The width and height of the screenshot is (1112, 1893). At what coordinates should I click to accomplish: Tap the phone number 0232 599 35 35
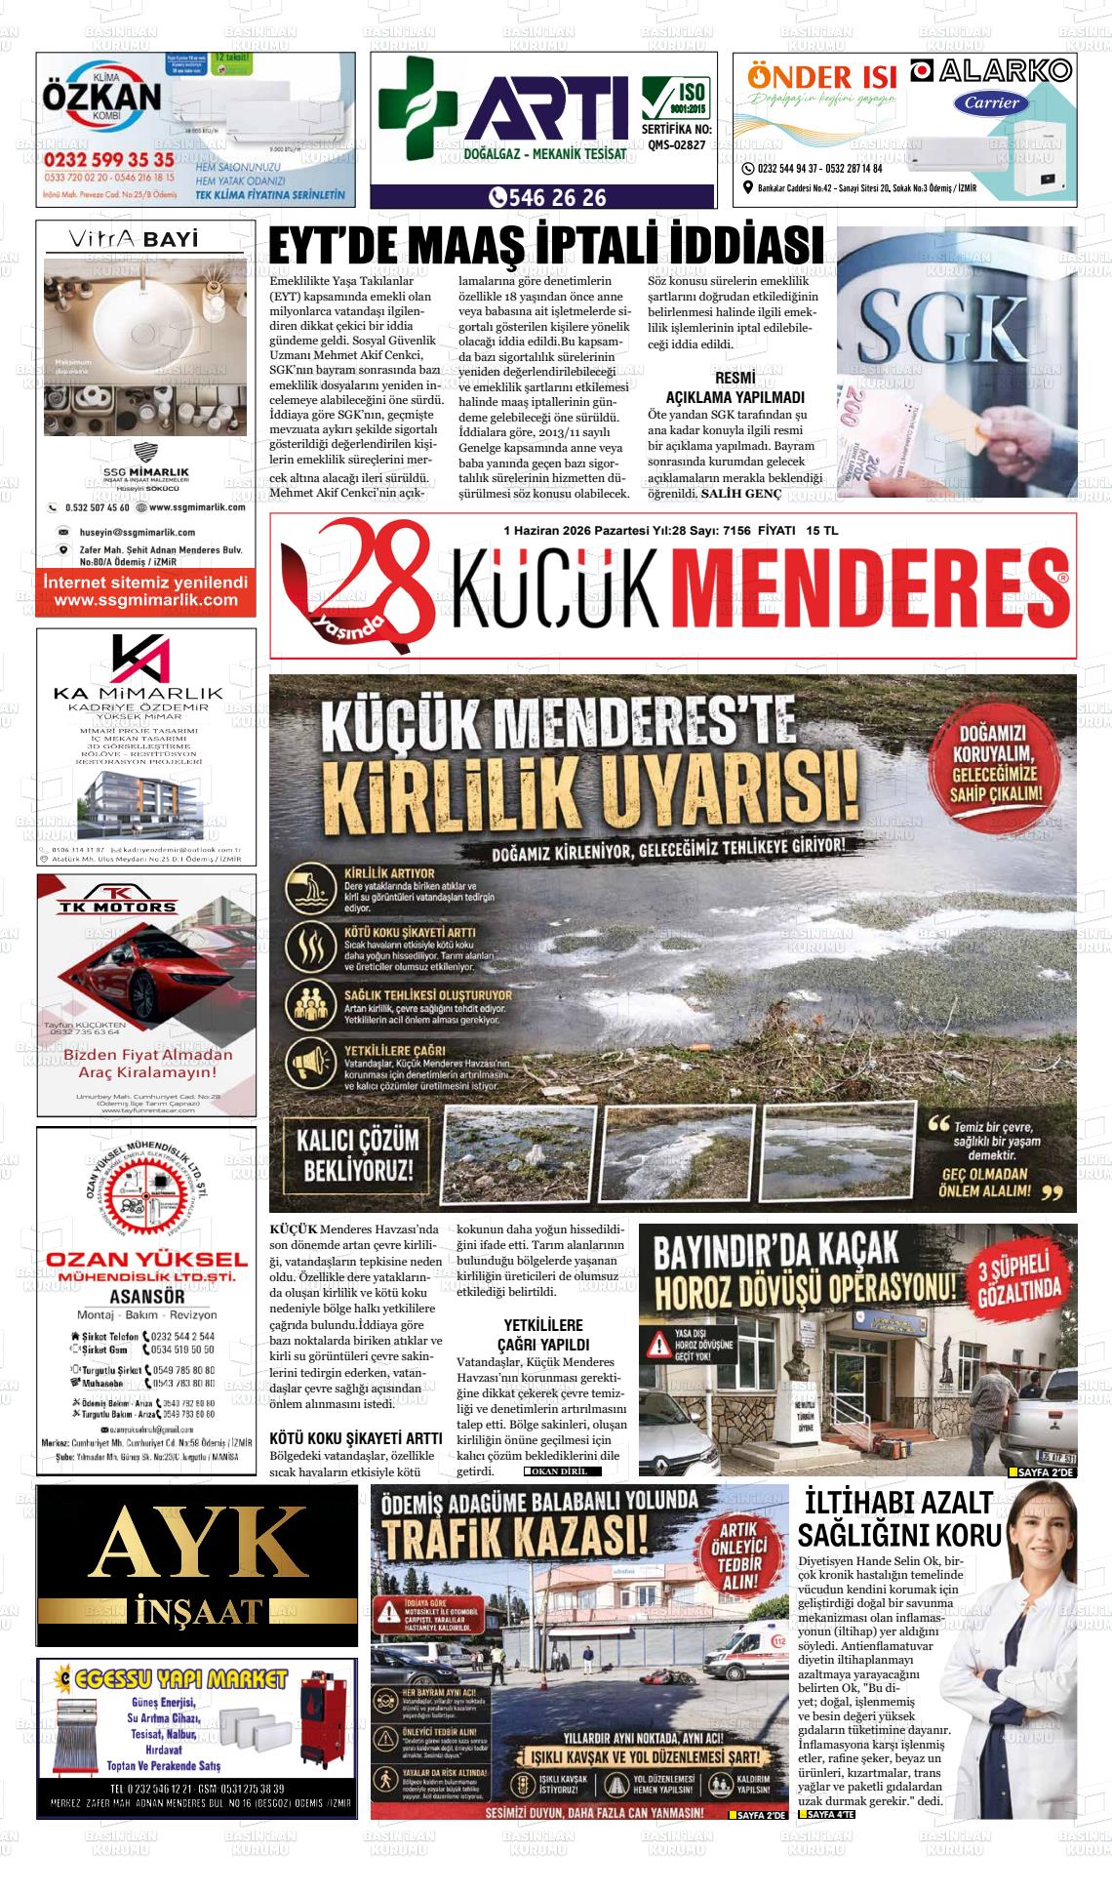coord(109,159)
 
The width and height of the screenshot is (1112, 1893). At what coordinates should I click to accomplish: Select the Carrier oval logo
coord(992,101)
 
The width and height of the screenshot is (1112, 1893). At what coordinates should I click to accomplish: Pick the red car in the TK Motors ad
coord(147,990)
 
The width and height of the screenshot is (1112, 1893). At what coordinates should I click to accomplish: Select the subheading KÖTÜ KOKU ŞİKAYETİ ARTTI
coord(355,1438)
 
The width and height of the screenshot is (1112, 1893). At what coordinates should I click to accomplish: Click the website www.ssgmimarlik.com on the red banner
coord(146,600)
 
